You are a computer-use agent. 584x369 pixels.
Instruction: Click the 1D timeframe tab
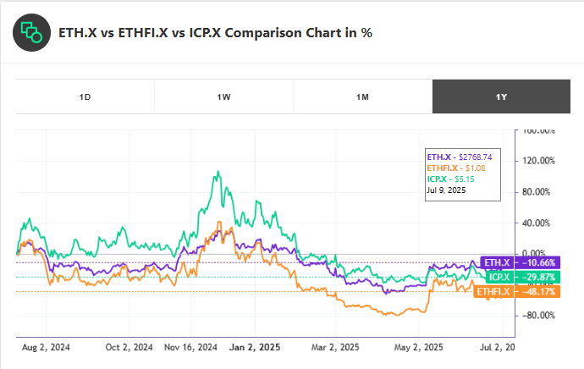pos(85,96)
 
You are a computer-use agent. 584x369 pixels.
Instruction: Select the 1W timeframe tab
pos(223,96)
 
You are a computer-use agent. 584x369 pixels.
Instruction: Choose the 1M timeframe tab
pos(362,96)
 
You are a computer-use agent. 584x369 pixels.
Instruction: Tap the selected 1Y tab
pos(501,96)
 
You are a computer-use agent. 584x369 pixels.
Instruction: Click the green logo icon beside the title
pos(30,32)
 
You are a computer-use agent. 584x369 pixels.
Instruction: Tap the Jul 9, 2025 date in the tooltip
pos(447,190)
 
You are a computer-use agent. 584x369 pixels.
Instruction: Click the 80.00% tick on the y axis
pos(540,192)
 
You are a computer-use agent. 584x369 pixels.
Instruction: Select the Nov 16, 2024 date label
pos(192,346)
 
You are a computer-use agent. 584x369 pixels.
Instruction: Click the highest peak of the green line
pos(218,172)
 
